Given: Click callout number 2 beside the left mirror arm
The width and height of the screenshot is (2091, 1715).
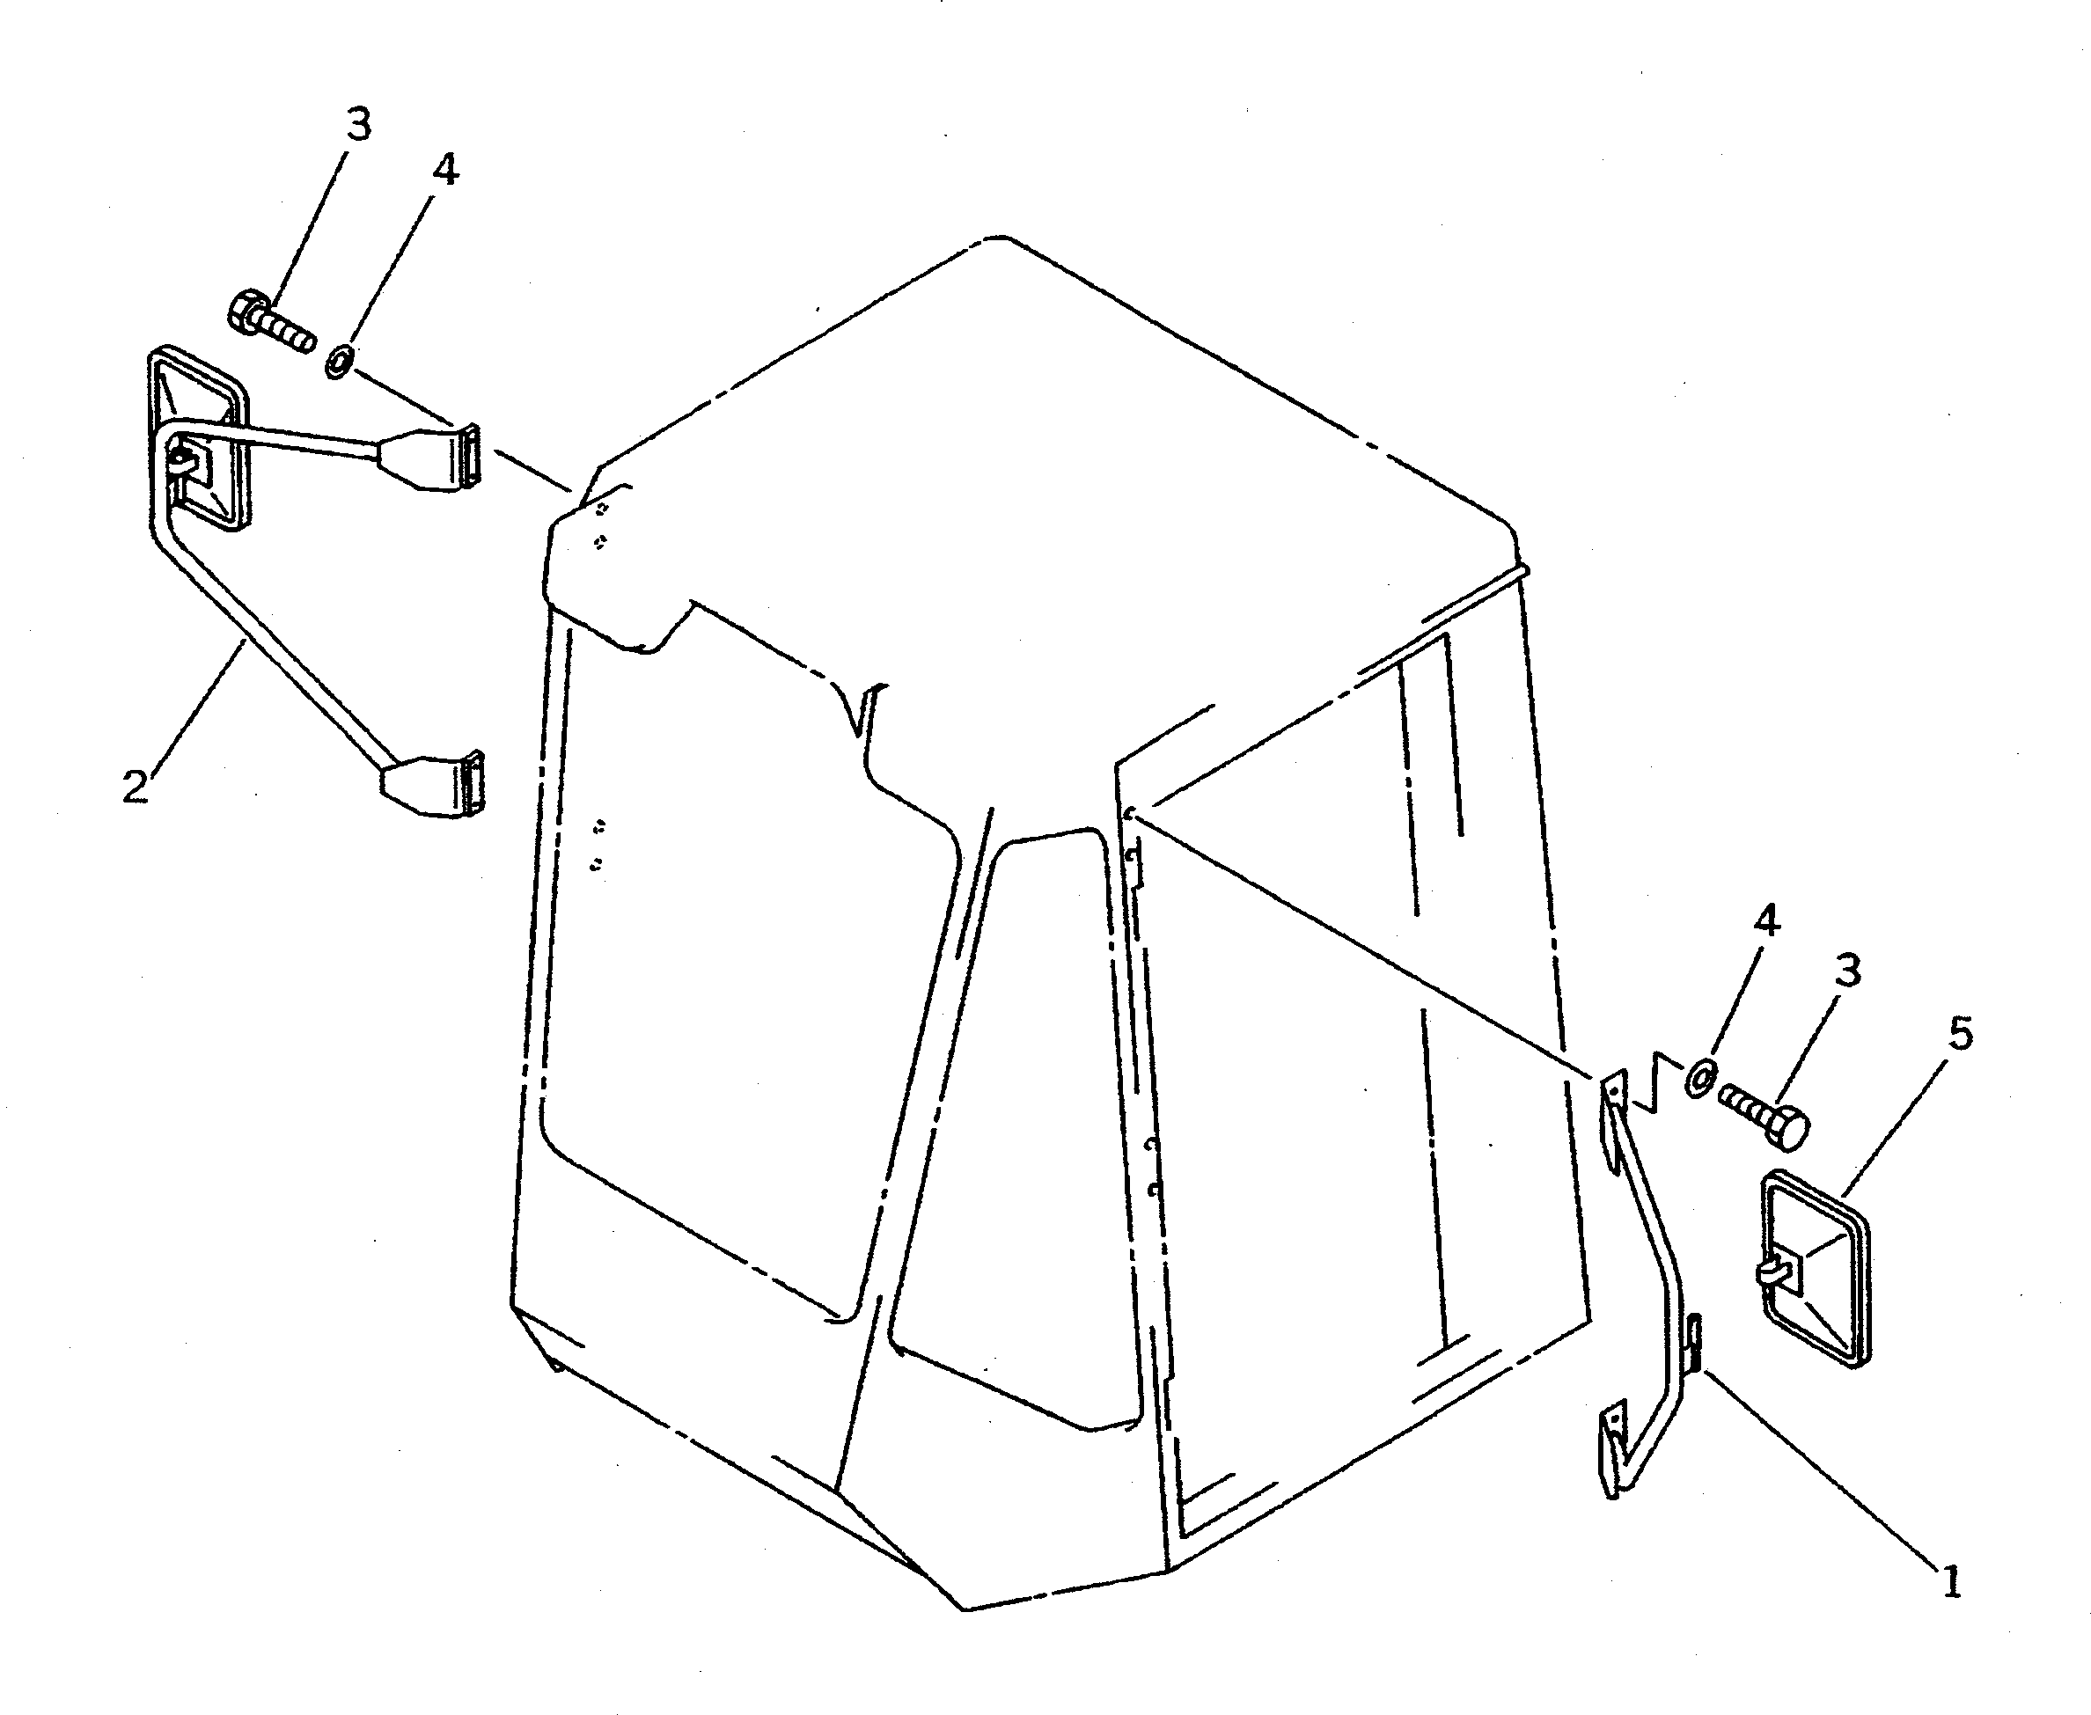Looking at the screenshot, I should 135,787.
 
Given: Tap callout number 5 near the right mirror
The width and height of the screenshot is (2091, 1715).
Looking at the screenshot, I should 1961,1034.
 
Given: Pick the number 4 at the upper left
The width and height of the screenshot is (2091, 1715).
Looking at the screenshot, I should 445,170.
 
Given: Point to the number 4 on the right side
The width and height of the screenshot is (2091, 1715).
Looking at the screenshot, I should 1767,920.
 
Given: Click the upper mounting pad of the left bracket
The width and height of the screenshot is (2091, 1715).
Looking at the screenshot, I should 437,458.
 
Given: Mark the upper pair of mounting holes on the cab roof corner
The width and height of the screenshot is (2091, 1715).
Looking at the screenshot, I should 601,524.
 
